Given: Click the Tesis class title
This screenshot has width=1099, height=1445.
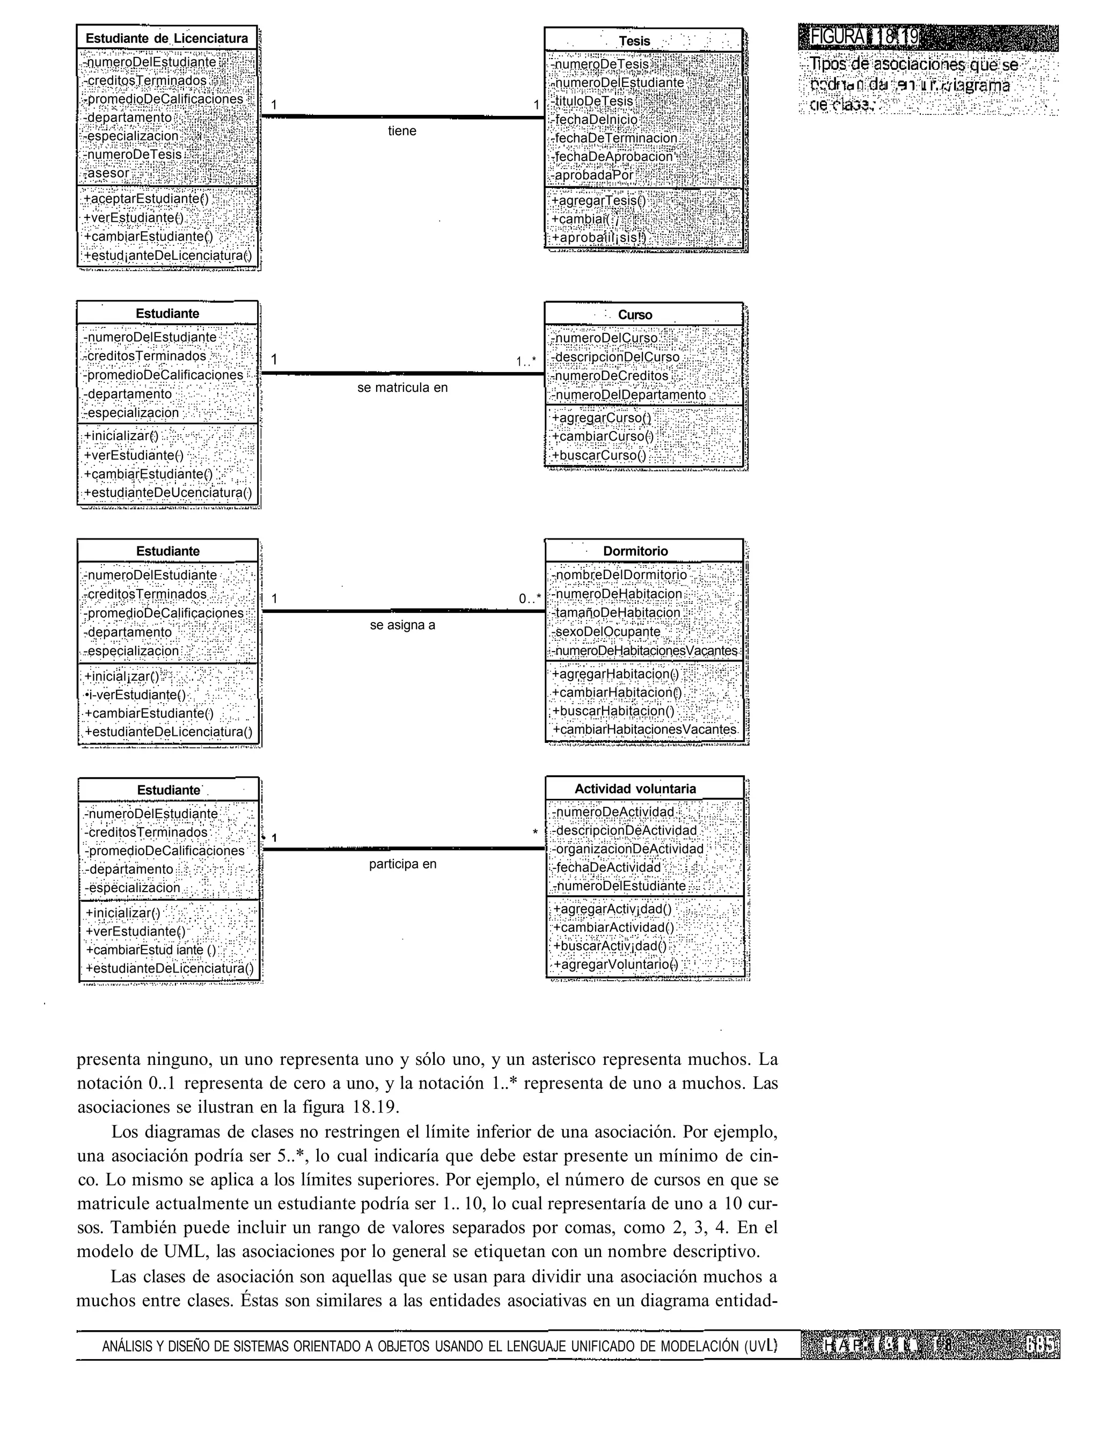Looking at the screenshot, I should click(x=634, y=41).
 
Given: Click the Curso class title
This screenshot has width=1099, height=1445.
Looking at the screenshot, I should click(x=635, y=315).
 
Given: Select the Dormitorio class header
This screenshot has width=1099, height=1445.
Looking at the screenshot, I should click(x=635, y=551).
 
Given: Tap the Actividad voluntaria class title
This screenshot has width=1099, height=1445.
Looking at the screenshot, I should click(x=635, y=789).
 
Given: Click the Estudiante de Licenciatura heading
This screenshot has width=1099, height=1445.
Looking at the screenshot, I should click(x=167, y=38).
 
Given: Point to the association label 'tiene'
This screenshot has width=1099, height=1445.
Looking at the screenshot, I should click(x=401, y=131).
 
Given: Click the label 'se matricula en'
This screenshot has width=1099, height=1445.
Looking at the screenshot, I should click(x=402, y=388).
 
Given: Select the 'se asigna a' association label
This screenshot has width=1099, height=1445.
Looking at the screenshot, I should click(x=402, y=625).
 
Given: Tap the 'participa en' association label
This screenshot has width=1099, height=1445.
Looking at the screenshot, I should click(x=402, y=864).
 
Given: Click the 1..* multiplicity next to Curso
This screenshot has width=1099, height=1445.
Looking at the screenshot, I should click(x=526, y=361).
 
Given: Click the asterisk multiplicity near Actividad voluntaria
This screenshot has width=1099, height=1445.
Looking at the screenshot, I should click(x=535, y=833).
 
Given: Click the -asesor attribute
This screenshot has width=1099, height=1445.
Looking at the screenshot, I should click(x=108, y=173).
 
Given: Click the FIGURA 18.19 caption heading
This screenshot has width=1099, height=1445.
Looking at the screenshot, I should click(x=858, y=37).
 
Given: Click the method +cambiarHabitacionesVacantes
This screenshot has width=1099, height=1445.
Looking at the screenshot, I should click(x=644, y=729).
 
